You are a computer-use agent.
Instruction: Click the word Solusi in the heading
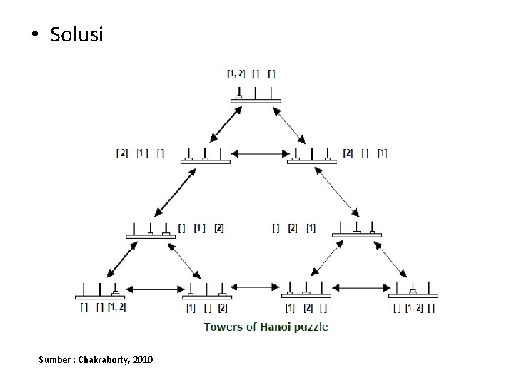click(76, 34)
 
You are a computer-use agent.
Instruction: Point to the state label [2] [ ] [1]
click(365, 153)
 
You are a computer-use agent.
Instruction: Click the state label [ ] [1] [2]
click(201, 228)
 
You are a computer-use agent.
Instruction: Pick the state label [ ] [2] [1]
click(293, 228)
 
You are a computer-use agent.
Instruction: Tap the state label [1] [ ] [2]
click(206, 308)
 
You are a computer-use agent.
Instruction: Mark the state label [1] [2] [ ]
click(306, 308)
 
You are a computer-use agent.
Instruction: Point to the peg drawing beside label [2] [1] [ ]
click(205, 156)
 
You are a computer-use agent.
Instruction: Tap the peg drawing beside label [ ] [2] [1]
click(355, 228)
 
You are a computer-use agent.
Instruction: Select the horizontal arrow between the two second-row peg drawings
click(258, 153)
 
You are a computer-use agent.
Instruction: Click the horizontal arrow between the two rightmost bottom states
click(361, 288)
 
